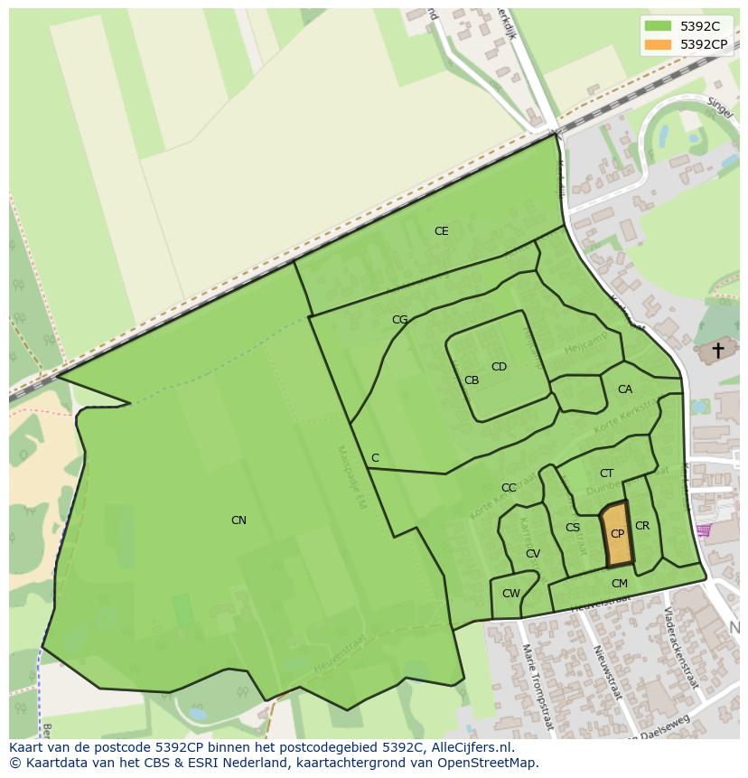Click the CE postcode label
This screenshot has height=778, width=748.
pyautogui.click(x=441, y=231)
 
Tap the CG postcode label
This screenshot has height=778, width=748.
pyautogui.click(x=400, y=320)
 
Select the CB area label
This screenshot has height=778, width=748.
pyautogui.click(x=472, y=380)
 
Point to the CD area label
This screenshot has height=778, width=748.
pyautogui.click(x=499, y=367)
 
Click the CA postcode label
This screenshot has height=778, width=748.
pyautogui.click(x=625, y=389)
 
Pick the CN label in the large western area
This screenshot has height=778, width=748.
pyautogui.click(x=238, y=520)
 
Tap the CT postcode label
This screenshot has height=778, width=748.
pyautogui.click(x=606, y=473)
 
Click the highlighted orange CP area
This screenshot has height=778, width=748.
pyautogui.click(x=617, y=535)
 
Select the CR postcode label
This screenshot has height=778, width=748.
pyautogui.click(x=642, y=526)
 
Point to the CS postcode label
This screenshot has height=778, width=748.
pyautogui.click(x=573, y=528)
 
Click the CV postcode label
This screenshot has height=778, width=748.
pyautogui.click(x=533, y=554)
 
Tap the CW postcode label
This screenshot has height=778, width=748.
pyautogui.click(x=511, y=594)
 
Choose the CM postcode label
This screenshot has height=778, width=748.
pyautogui.click(x=619, y=584)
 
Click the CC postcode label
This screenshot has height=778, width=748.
pyautogui.click(x=509, y=488)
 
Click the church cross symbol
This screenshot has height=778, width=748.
pyautogui.click(x=718, y=350)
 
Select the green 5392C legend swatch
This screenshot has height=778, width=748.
pyautogui.click(x=659, y=26)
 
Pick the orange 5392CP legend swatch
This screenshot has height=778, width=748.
pyautogui.click(x=659, y=44)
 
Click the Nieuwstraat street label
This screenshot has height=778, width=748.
pyautogui.click(x=607, y=672)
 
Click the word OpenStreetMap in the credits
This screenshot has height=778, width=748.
pyautogui.click(x=491, y=763)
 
